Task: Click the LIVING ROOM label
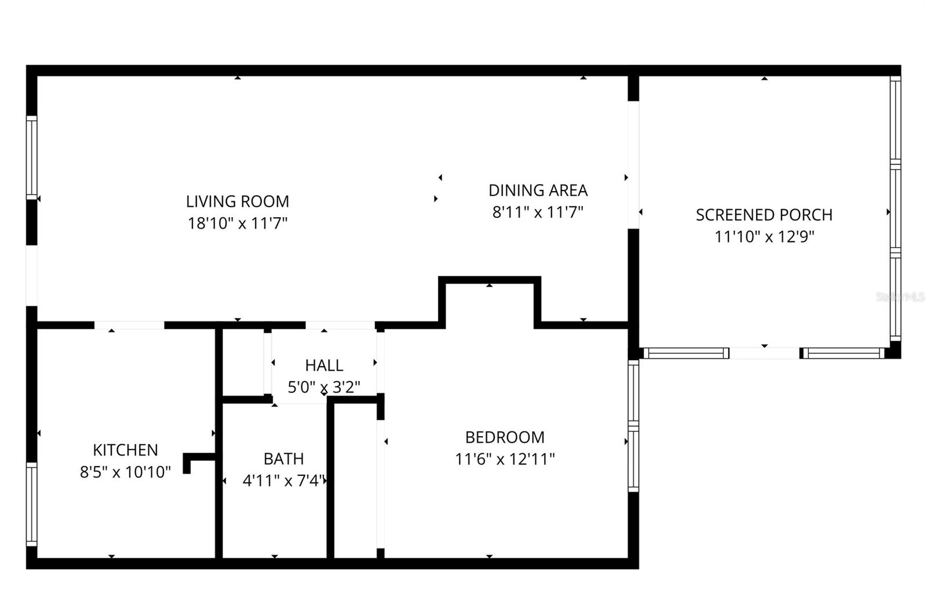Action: [x=237, y=202]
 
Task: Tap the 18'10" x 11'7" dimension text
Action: [x=237, y=224]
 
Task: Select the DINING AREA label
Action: [x=538, y=191]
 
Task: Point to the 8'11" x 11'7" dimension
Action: [x=538, y=213]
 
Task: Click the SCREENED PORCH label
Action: [x=764, y=215]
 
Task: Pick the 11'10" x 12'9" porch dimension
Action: [x=764, y=237]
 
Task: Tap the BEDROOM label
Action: [x=505, y=437]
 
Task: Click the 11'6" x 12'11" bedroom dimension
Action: [x=505, y=459]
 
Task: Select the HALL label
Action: [x=324, y=365]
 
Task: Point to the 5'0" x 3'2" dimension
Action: [x=324, y=387]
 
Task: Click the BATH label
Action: [x=283, y=459]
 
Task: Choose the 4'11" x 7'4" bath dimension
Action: [x=284, y=481]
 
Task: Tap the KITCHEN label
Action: [x=125, y=450]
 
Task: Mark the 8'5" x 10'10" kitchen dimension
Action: [x=125, y=472]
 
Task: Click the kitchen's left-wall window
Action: [x=32, y=504]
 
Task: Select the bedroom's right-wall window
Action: [x=633, y=426]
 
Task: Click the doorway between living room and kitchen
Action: [x=129, y=325]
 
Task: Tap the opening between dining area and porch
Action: [x=633, y=165]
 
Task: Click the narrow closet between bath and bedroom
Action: [x=355, y=481]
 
